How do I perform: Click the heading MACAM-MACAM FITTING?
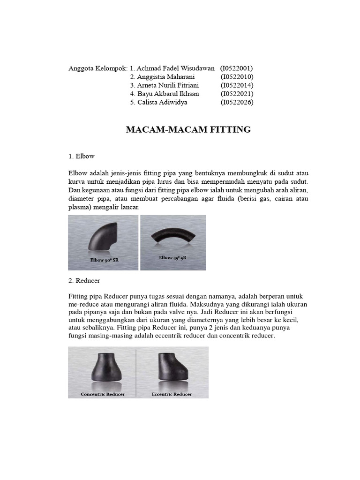(188, 130)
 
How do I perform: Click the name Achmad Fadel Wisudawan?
(176, 68)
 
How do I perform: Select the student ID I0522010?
(237, 77)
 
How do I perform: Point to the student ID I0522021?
(237, 94)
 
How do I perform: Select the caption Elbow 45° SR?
(172, 258)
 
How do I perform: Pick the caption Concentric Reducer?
(103, 394)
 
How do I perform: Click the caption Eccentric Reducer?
(172, 394)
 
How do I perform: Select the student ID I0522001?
(237, 68)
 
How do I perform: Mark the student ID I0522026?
(237, 102)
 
